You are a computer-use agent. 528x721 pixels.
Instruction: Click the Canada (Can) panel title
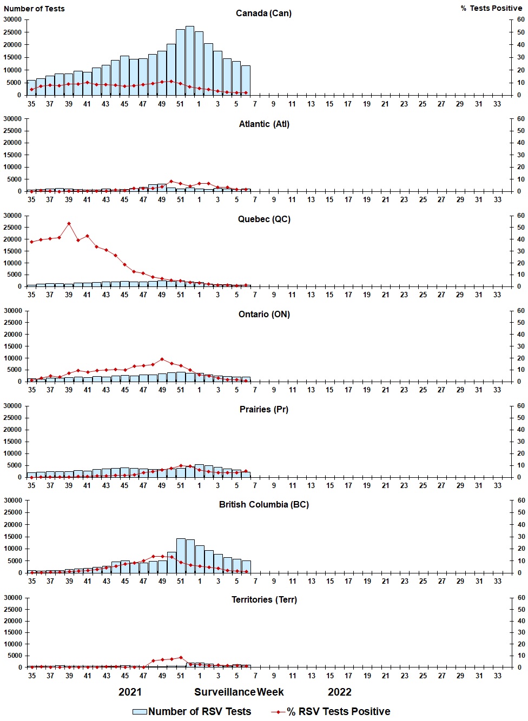[x=263, y=13]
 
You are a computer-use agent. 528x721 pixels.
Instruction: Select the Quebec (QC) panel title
[x=264, y=219]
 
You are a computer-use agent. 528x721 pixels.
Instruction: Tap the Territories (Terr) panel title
[x=264, y=599]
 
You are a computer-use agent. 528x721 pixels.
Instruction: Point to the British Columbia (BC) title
[x=264, y=504]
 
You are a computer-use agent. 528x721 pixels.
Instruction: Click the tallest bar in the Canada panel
[x=189, y=61]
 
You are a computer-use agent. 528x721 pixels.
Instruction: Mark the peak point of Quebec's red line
[x=69, y=223]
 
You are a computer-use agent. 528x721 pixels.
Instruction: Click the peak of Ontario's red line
[x=162, y=359]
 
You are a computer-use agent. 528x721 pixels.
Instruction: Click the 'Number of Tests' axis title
[x=34, y=9]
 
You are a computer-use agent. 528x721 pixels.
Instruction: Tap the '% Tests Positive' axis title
[x=491, y=8]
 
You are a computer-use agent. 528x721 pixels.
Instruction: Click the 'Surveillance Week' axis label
[x=239, y=692]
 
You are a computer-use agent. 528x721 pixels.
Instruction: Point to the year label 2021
[x=130, y=692]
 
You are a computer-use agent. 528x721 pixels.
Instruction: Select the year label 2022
[x=340, y=692]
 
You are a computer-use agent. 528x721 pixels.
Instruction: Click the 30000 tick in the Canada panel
[x=12, y=19]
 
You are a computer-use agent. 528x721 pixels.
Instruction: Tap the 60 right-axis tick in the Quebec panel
[x=520, y=215]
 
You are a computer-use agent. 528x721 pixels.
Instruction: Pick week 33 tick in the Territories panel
[x=497, y=676]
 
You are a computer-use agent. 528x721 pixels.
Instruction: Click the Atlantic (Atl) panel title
[x=264, y=124]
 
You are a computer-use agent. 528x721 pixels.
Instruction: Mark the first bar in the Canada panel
[x=31, y=88]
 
